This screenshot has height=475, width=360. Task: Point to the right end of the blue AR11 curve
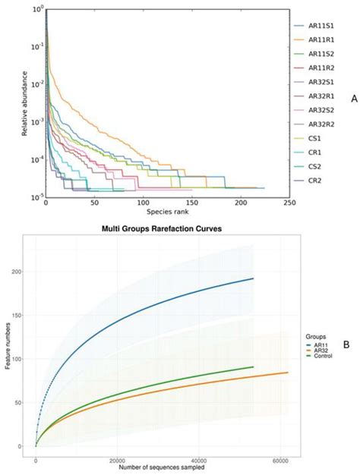click(x=253, y=278)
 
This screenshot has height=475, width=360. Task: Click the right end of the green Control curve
click(x=253, y=366)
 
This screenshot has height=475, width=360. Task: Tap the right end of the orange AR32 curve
click(x=287, y=373)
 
